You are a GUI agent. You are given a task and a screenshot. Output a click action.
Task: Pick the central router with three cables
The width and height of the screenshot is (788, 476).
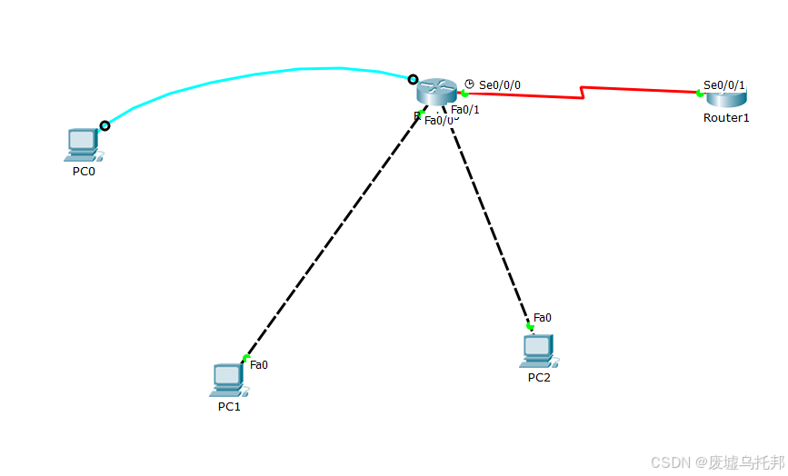pyautogui.click(x=436, y=91)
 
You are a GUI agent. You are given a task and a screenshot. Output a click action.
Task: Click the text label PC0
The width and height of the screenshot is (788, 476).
pyautogui.click(x=84, y=171)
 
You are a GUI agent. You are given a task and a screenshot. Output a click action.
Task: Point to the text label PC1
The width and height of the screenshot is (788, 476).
pyautogui.click(x=229, y=407)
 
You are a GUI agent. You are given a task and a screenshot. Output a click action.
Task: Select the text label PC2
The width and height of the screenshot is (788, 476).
pyautogui.click(x=539, y=378)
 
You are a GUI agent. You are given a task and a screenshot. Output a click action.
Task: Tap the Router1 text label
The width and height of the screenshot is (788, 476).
pyautogui.click(x=726, y=118)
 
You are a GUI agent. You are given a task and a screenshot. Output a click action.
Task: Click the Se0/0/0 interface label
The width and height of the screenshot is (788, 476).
pyautogui.click(x=500, y=85)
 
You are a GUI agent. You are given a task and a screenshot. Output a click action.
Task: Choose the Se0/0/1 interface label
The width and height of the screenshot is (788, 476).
pyautogui.click(x=724, y=84)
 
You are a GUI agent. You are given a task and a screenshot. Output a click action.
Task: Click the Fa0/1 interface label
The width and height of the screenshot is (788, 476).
pyautogui.click(x=464, y=110)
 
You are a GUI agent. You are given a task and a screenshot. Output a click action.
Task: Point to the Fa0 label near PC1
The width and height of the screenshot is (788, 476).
pyautogui.click(x=259, y=365)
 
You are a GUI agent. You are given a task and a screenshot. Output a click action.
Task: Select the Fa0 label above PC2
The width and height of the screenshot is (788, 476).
pyautogui.click(x=543, y=317)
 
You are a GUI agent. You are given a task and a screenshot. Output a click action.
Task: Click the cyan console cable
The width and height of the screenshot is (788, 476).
pyautogui.click(x=264, y=71)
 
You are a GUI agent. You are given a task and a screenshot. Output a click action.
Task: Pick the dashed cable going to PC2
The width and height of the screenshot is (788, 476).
pyautogui.click(x=486, y=218)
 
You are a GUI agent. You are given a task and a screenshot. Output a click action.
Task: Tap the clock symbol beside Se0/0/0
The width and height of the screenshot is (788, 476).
pyautogui.click(x=470, y=84)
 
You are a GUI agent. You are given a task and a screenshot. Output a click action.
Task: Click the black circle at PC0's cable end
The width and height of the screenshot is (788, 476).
pyautogui.click(x=105, y=125)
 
